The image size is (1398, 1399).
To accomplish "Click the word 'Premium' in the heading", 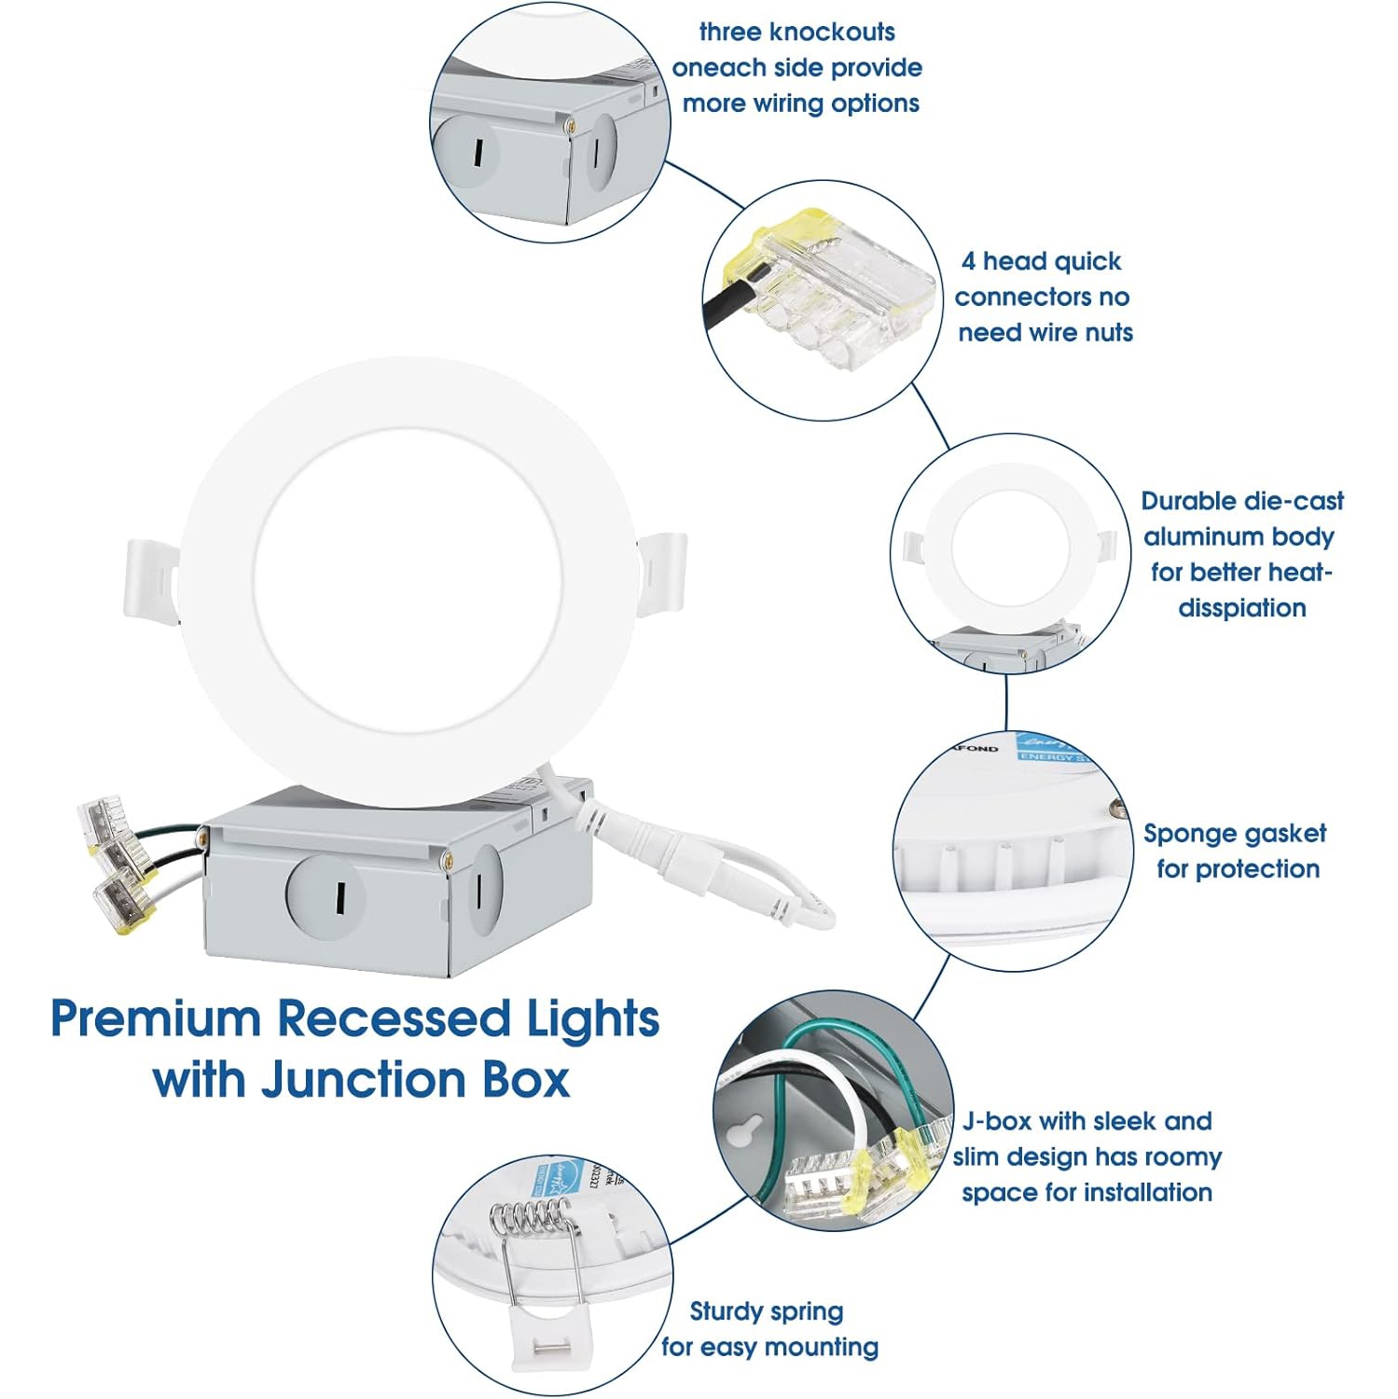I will coord(156,1019).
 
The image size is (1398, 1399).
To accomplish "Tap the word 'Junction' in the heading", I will coord(364,1080).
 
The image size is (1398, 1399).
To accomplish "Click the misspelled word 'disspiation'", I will coord(1241,608).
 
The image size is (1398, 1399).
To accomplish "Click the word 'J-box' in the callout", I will coord(996,1121).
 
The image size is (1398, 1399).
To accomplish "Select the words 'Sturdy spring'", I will coord(766,1312).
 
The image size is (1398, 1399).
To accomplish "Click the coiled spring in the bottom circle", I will coord(530,1217).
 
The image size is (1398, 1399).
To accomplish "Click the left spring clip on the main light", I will coord(151,578).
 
